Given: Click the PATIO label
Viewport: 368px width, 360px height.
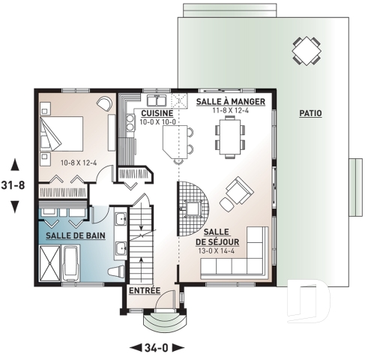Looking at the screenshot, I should tap(310, 113).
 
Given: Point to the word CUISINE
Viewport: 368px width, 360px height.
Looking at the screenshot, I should tap(157, 113).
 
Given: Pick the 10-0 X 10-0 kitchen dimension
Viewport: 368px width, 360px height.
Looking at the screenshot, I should tap(157, 122).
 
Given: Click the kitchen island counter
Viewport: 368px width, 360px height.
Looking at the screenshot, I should tap(175, 142).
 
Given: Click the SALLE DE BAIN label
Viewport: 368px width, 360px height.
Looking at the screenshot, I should tap(73, 235).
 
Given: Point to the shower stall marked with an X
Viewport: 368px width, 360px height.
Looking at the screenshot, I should tap(50, 263).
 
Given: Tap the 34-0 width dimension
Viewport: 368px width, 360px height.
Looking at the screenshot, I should tap(157, 347).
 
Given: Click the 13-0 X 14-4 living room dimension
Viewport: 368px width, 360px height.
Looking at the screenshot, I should tap(219, 251).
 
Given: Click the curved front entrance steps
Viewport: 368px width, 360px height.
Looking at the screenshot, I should tap(162, 322).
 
